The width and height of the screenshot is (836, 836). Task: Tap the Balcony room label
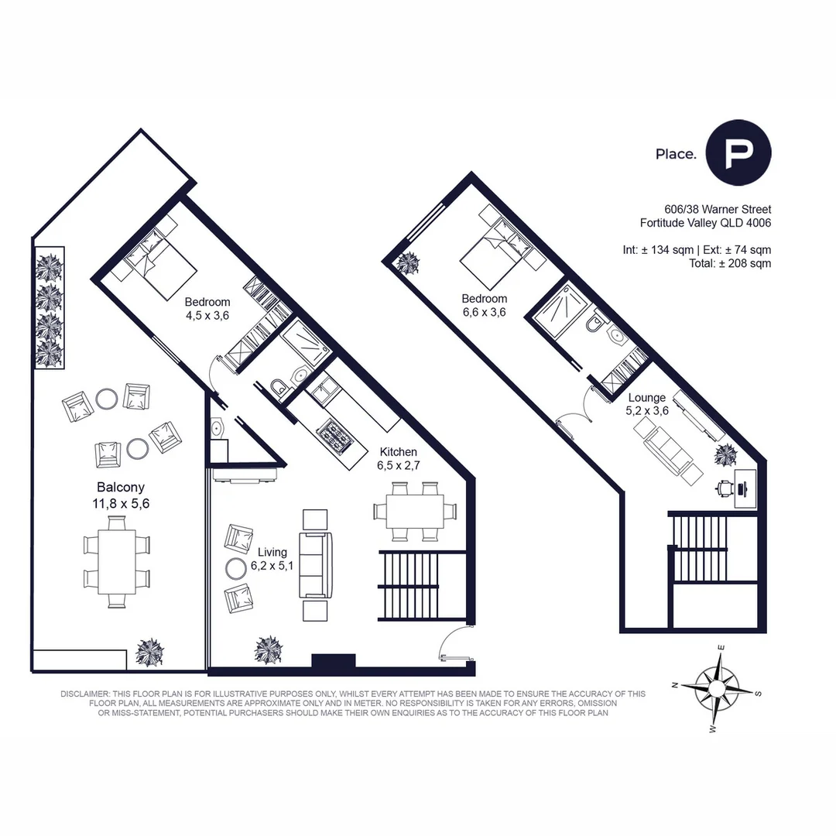(121, 495)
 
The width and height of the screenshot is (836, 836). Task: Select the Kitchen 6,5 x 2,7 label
(397, 459)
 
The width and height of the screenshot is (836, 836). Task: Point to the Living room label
(272, 559)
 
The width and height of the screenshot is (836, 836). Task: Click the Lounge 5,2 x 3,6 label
(646, 405)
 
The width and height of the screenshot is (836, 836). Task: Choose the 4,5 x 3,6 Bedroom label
(207, 308)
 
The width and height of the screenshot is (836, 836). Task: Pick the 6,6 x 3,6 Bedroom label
(485, 306)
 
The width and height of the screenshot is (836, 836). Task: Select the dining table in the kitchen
(409, 511)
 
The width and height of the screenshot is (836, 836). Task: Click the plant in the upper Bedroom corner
(406, 263)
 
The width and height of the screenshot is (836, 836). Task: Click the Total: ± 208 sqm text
(729, 263)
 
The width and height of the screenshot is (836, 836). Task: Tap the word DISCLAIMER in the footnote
(85, 694)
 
